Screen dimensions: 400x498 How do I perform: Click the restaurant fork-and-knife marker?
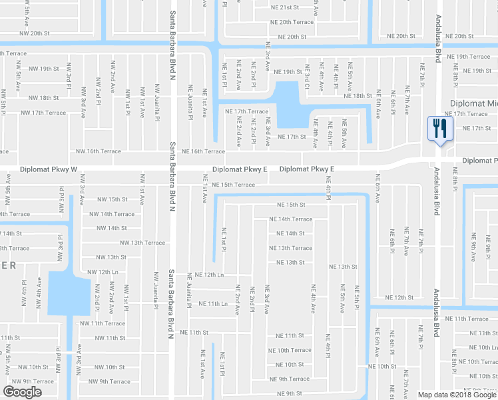point(439,128)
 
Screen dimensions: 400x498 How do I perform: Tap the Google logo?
point(23,391)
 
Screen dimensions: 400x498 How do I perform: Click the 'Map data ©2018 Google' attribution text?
point(457,395)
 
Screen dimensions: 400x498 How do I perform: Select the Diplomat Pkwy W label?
point(50,169)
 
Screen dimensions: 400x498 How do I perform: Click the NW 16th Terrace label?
point(99,151)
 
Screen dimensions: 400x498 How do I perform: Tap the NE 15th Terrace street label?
point(234,185)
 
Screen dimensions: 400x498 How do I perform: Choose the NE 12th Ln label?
point(206,275)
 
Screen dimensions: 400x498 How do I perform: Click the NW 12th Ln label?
point(103,272)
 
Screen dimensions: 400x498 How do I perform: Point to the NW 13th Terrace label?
point(142,243)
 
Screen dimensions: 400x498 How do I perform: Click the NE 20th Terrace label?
point(292,22)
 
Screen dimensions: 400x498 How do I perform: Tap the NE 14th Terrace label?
point(290,219)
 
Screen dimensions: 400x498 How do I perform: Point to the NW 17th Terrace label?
point(44,113)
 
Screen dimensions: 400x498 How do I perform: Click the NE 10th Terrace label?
point(290,350)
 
